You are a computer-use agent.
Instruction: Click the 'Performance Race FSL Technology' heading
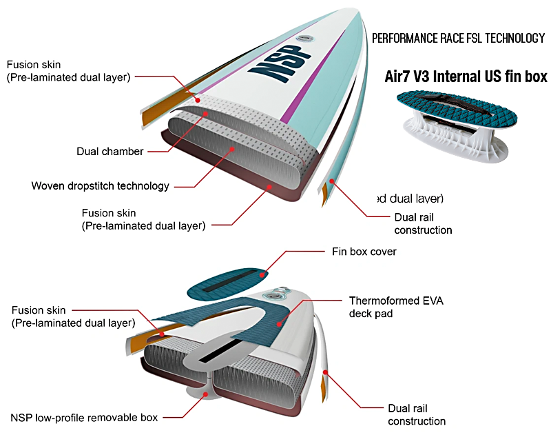pyautogui.click(x=458, y=39)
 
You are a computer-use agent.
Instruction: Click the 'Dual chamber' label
pyautogui.click(x=110, y=152)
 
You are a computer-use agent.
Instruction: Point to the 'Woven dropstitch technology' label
pyautogui.click(x=100, y=186)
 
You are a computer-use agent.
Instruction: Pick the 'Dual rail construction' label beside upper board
pyautogui.click(x=423, y=223)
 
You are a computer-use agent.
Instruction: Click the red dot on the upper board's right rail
pyautogui.click(x=331, y=181)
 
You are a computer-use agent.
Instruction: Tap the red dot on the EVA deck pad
pyautogui.click(x=279, y=323)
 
